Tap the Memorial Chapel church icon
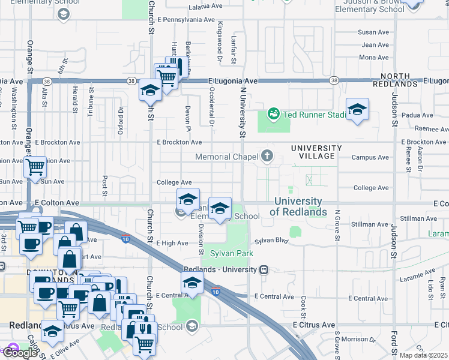click(267, 157)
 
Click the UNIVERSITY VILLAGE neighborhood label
click(316, 152)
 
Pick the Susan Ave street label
click(373, 32)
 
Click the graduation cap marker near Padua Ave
click(357, 110)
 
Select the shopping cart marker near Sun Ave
click(35, 167)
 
